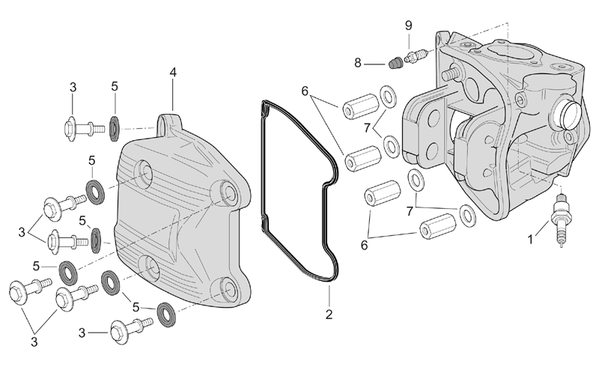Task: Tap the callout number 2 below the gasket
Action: [329, 315]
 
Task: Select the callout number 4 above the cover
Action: [173, 72]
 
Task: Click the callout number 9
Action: [408, 25]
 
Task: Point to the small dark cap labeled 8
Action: [396, 63]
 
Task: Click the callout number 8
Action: [358, 62]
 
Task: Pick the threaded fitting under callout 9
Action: [416, 57]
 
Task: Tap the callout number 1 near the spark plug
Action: [530, 240]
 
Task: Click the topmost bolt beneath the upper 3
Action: [84, 128]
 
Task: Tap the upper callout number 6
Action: [305, 91]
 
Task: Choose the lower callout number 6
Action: [364, 246]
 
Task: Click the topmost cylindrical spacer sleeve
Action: [361, 106]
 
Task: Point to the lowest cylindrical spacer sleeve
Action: [438, 226]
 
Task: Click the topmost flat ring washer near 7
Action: [388, 97]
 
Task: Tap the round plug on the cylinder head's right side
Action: [568, 117]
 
